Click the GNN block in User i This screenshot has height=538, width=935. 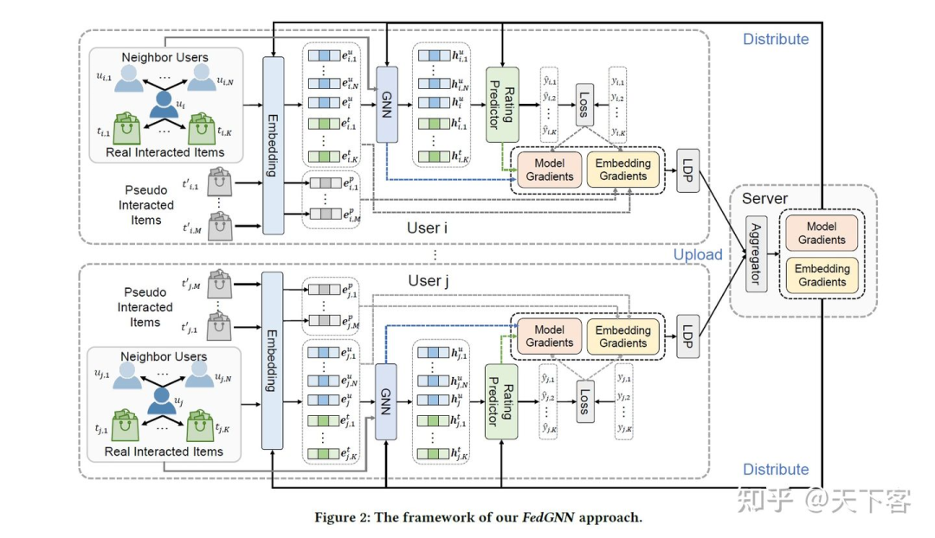tap(387, 106)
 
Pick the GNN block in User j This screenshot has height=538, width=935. tap(387, 402)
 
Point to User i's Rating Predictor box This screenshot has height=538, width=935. tap(502, 106)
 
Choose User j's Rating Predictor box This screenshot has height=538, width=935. tap(502, 402)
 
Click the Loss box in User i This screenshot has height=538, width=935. tap(584, 106)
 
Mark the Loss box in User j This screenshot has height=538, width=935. tap(584, 403)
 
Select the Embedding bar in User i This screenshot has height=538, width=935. tap(273, 144)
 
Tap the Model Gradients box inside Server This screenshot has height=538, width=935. tap(822, 233)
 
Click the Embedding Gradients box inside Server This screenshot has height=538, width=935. tap(822, 275)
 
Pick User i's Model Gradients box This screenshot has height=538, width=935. tap(550, 169)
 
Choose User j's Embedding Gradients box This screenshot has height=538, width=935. tap(623, 336)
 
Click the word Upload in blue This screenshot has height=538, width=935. tap(698, 254)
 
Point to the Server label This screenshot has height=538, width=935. tap(764, 200)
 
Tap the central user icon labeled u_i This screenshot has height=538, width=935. tap(164, 106)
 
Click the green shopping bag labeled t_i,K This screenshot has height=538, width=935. tap(201, 131)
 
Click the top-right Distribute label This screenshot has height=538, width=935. tap(776, 39)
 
